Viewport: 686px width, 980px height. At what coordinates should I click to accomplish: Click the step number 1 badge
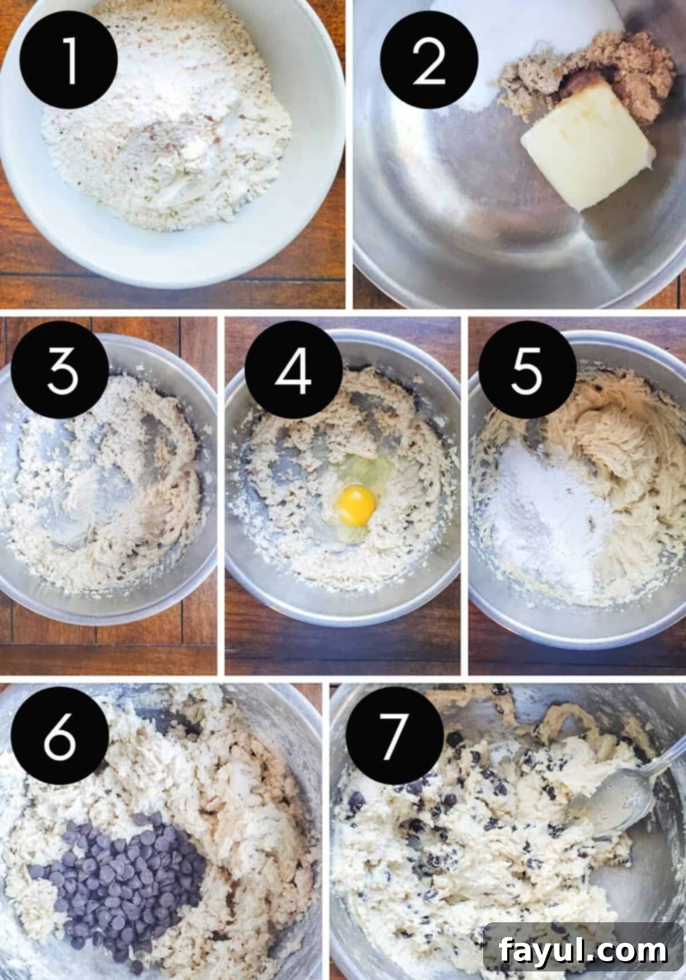click(69, 60)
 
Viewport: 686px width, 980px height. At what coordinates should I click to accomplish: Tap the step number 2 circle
click(429, 60)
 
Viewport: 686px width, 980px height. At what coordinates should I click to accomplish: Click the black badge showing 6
click(61, 736)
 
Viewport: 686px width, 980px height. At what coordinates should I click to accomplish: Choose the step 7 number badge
click(396, 736)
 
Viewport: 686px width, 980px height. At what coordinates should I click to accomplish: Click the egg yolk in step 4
click(356, 505)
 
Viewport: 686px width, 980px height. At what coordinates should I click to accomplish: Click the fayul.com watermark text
click(583, 951)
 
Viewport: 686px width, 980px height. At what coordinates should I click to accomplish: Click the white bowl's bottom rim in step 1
click(171, 269)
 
